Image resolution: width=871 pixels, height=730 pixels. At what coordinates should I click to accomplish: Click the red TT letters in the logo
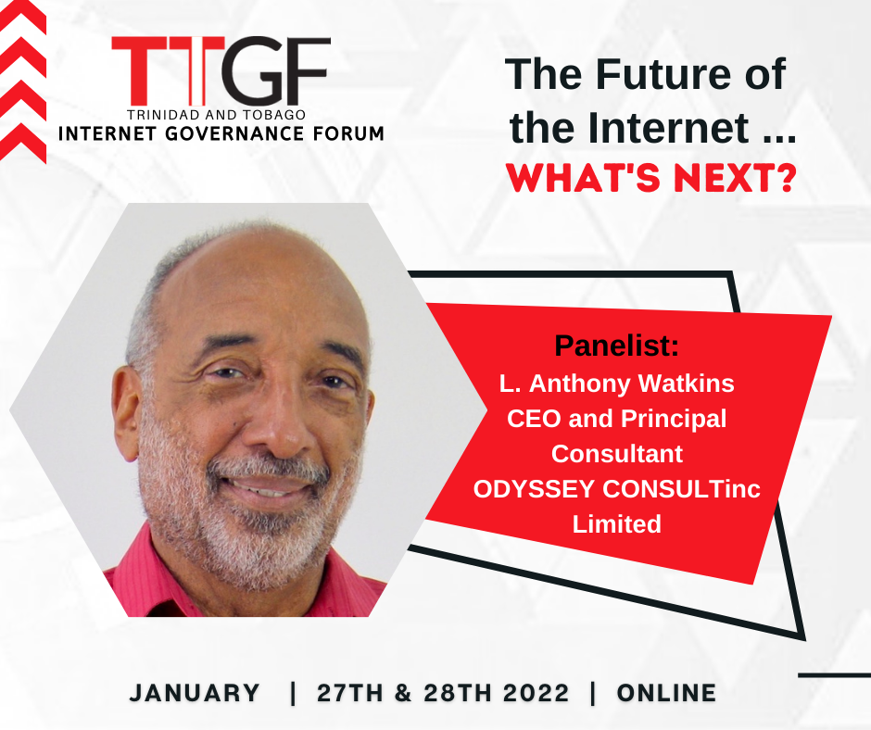click(168, 71)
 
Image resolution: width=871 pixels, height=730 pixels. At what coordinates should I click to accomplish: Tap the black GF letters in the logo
click(278, 71)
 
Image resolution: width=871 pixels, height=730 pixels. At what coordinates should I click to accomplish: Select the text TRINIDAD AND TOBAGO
click(216, 115)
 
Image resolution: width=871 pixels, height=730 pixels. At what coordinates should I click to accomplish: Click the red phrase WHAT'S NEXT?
click(651, 177)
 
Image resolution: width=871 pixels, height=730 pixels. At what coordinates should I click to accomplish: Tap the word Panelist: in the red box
click(616, 346)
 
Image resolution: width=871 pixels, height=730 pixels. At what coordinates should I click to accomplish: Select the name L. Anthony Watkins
click(616, 384)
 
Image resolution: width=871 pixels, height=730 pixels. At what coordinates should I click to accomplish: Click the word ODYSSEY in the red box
click(534, 489)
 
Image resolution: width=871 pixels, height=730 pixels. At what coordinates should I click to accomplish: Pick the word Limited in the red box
click(616, 524)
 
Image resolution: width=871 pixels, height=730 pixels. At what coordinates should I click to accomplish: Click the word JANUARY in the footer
click(195, 693)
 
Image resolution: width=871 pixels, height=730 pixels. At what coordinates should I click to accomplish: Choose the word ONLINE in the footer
click(666, 693)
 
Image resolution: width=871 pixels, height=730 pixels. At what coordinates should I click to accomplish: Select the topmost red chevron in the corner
click(21, 18)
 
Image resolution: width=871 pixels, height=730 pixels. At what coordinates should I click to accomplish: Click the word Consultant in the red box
click(616, 454)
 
